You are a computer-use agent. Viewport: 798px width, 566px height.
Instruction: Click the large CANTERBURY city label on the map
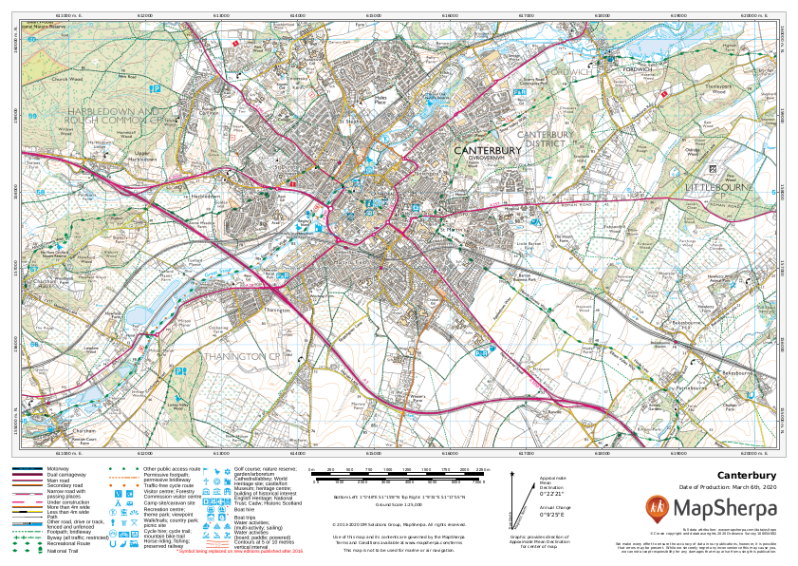pyautogui.click(x=488, y=150)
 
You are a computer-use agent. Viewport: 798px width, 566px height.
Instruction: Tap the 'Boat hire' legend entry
pyautogui.click(x=244, y=509)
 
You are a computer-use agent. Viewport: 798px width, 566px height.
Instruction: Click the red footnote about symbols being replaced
pyautogui.click(x=241, y=551)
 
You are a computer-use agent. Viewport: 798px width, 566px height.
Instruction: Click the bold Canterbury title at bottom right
pyautogui.click(x=747, y=475)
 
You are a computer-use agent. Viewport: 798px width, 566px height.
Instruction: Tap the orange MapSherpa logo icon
pyautogui.click(x=657, y=508)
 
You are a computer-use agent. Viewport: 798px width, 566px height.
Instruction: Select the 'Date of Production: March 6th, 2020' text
pyautogui.click(x=728, y=487)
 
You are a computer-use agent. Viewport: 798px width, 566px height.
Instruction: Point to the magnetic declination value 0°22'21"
pyautogui.click(x=552, y=494)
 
